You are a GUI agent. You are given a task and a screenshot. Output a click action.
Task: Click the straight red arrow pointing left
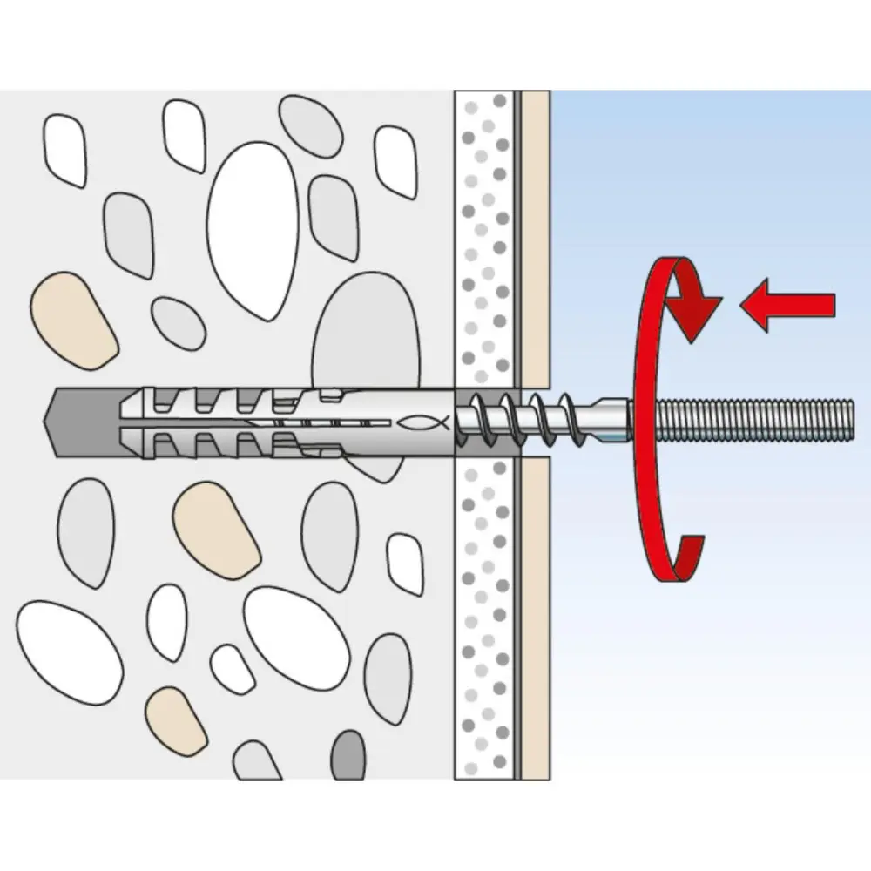click(x=788, y=305)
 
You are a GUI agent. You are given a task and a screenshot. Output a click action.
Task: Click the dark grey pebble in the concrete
click(x=348, y=753)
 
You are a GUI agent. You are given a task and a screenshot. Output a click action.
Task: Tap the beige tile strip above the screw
click(x=536, y=235)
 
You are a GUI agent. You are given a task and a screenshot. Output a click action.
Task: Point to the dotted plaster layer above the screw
click(x=484, y=235)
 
